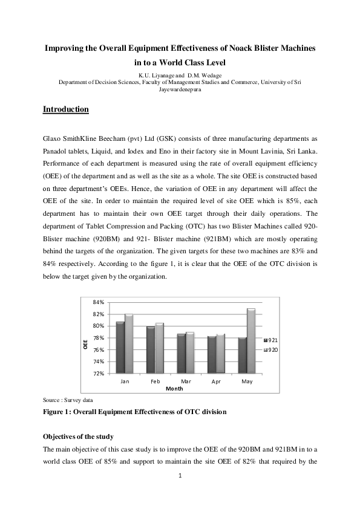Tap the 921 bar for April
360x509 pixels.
[212, 354]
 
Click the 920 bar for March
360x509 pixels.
[190, 352]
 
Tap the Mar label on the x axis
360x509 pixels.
[186, 381]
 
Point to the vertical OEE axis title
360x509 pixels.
[85, 345]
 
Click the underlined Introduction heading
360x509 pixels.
[66, 109]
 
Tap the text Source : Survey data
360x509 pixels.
[68, 400]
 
